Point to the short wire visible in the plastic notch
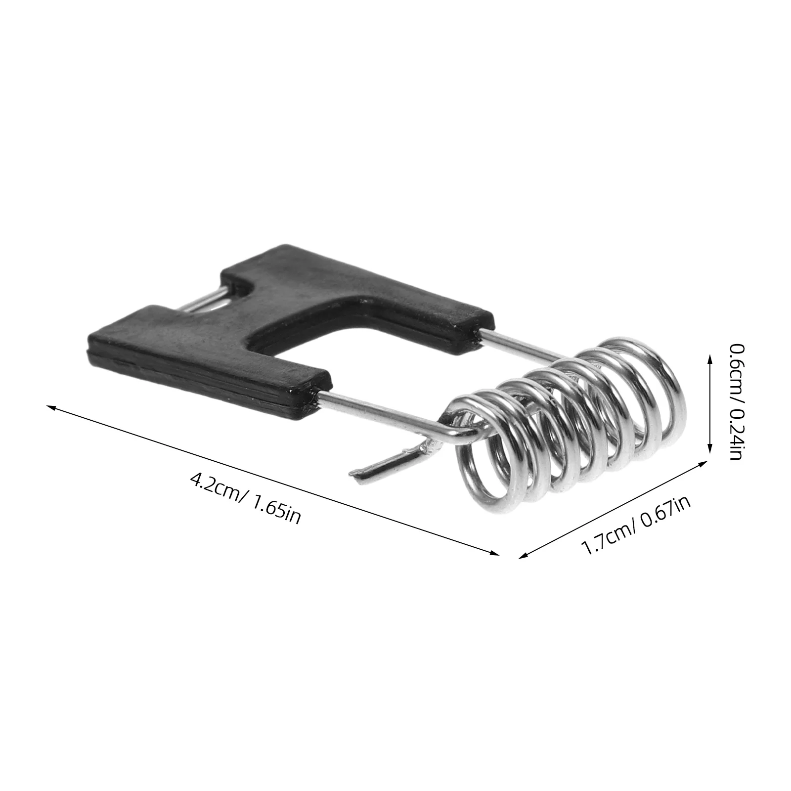(x=208, y=300)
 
